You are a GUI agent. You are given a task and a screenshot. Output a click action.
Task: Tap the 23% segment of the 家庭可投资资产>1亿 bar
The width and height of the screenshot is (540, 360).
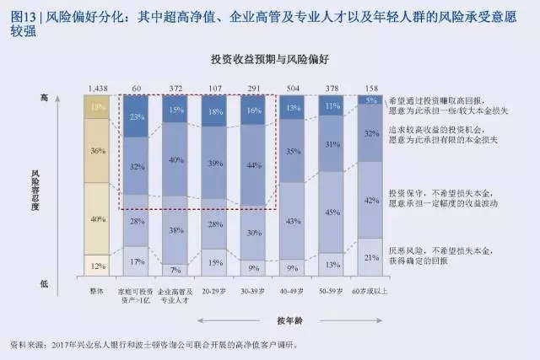[137, 117]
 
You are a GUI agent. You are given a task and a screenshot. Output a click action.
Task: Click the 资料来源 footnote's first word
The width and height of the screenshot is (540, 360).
[26, 345]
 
